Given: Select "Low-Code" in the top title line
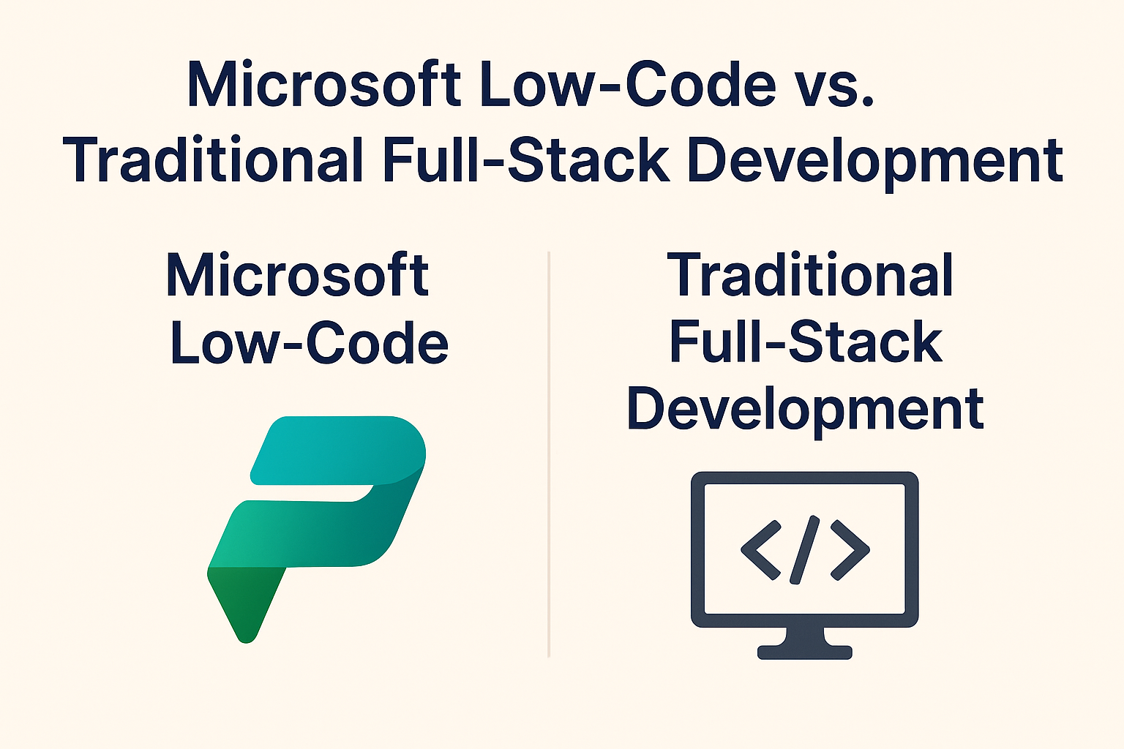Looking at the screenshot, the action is pyautogui.click(x=629, y=84).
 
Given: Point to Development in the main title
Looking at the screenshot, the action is pyautogui.click(x=874, y=164).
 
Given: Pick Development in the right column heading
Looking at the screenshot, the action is pyautogui.click(x=806, y=411).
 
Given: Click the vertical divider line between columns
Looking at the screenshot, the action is pyautogui.click(x=549, y=454).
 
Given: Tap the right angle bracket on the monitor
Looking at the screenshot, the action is pyautogui.click(x=850, y=550).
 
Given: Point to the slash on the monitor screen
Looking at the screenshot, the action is pyautogui.click(x=804, y=550).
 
